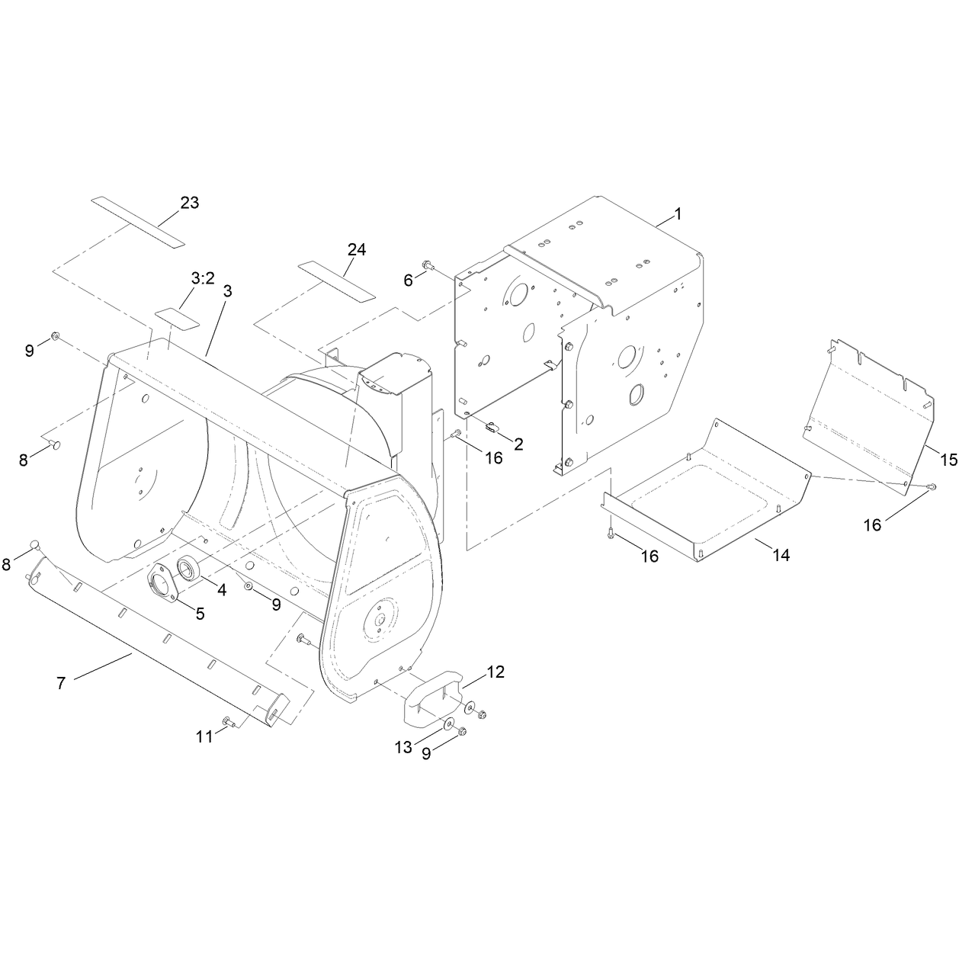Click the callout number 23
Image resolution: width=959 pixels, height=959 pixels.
[189, 203]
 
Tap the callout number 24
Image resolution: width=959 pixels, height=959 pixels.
[356, 250]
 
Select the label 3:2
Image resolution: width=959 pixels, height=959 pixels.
[203, 279]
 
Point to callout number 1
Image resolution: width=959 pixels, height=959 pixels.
[677, 214]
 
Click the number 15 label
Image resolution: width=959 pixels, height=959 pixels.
[949, 460]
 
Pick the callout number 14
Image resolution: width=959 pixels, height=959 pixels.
[781, 555]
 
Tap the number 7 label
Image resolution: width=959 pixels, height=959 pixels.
[61, 683]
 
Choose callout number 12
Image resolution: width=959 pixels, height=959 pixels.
[496, 672]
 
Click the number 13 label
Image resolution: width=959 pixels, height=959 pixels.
[403, 747]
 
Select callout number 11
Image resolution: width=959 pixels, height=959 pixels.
[204, 736]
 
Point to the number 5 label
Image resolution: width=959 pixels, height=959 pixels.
[200, 614]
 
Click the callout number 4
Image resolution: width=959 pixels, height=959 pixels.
[222, 590]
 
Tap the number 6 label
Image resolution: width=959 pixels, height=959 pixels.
[408, 281]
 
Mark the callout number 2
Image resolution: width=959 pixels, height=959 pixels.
[518, 444]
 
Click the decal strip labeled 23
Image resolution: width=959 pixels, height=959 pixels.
[138, 222]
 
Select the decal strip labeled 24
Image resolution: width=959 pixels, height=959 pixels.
[336, 282]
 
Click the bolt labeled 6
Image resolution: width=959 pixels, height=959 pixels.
[427, 265]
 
